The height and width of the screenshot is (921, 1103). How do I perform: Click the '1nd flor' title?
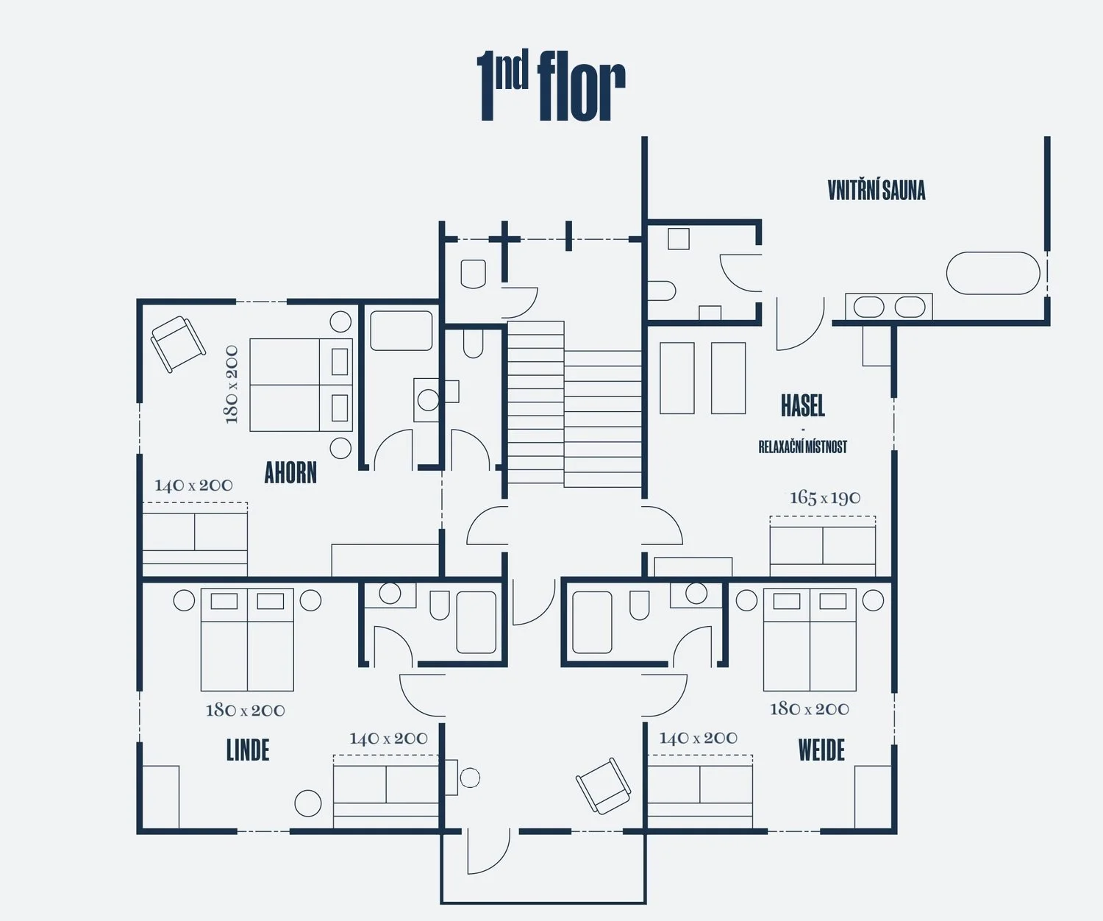click(551, 86)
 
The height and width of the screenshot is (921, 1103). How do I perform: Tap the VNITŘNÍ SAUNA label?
click(876, 191)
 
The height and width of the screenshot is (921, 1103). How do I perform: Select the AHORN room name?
click(290, 473)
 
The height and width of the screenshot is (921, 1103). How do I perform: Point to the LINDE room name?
click(248, 750)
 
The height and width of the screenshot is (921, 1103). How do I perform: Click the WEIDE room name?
click(821, 750)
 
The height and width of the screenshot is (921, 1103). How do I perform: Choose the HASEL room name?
click(802, 405)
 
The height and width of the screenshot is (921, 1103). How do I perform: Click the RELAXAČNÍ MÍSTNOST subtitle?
click(802, 447)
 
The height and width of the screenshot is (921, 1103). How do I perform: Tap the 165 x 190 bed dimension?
click(825, 498)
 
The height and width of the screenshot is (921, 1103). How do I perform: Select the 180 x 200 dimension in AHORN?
click(232, 384)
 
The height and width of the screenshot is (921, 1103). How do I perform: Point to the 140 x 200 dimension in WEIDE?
click(698, 738)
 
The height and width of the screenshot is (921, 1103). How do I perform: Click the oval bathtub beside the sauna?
click(993, 274)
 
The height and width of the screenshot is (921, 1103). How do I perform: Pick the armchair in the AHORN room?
click(177, 344)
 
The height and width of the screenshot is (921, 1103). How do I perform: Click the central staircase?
click(574, 405)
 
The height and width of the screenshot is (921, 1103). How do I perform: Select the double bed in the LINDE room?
click(247, 639)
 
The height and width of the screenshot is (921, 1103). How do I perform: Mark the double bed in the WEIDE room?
click(810, 639)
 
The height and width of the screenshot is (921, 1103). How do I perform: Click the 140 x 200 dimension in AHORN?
click(193, 486)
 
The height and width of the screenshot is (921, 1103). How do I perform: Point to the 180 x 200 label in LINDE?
click(245, 710)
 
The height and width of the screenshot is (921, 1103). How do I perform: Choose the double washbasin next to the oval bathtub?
click(889, 307)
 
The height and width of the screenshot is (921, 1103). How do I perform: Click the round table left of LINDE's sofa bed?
click(308, 803)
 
